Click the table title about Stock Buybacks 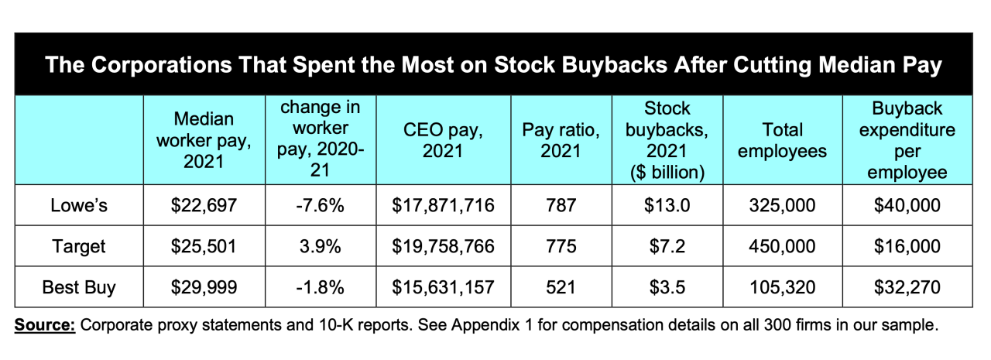pos(493,65)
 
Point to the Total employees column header pos(782,141)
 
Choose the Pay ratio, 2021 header pos(561,141)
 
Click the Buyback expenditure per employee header pos(907,140)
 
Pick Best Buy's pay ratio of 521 pos(561,287)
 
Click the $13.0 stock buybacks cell pos(666,205)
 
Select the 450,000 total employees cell pos(782,246)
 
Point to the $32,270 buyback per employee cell pos(907,287)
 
